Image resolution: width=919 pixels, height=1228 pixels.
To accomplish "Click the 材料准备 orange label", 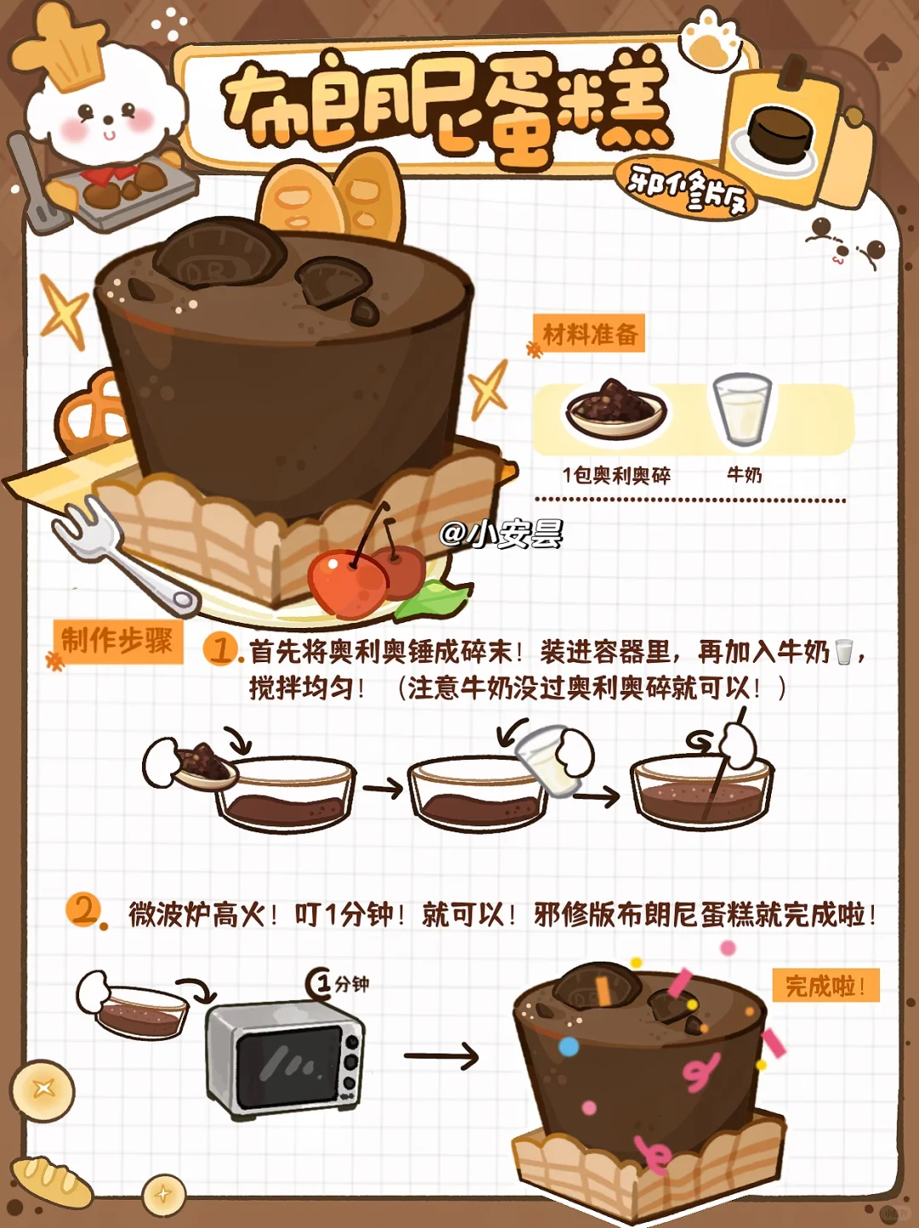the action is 589,334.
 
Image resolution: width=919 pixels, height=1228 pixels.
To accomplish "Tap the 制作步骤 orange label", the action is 118,641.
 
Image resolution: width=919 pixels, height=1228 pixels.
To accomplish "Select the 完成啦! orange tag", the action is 825,985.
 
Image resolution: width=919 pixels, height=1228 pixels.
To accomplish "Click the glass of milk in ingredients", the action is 742,410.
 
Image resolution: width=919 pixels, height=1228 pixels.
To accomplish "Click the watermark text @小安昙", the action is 501,534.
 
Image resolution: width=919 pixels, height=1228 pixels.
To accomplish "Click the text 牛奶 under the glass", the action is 744,475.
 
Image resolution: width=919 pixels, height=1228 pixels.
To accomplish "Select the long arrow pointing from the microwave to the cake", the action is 442,1056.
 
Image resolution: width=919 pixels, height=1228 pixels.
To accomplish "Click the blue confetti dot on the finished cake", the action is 569,1046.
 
